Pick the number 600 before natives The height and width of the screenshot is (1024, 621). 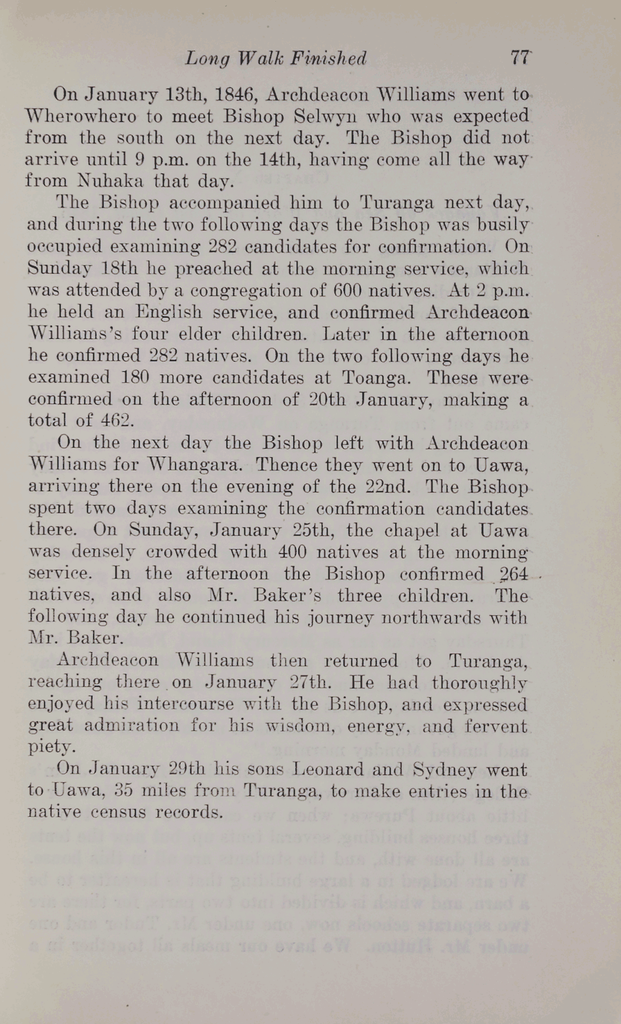(350, 290)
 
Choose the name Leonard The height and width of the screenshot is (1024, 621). (329, 769)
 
